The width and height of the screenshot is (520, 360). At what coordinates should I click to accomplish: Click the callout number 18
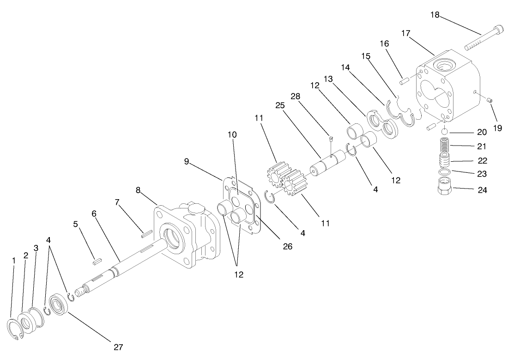435,14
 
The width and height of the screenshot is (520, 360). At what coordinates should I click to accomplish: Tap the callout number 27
118,347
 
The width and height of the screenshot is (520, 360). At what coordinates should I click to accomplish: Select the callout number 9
187,161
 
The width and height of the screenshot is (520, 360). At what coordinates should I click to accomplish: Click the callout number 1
14,261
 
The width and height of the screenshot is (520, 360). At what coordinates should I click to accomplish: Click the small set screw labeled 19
490,100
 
